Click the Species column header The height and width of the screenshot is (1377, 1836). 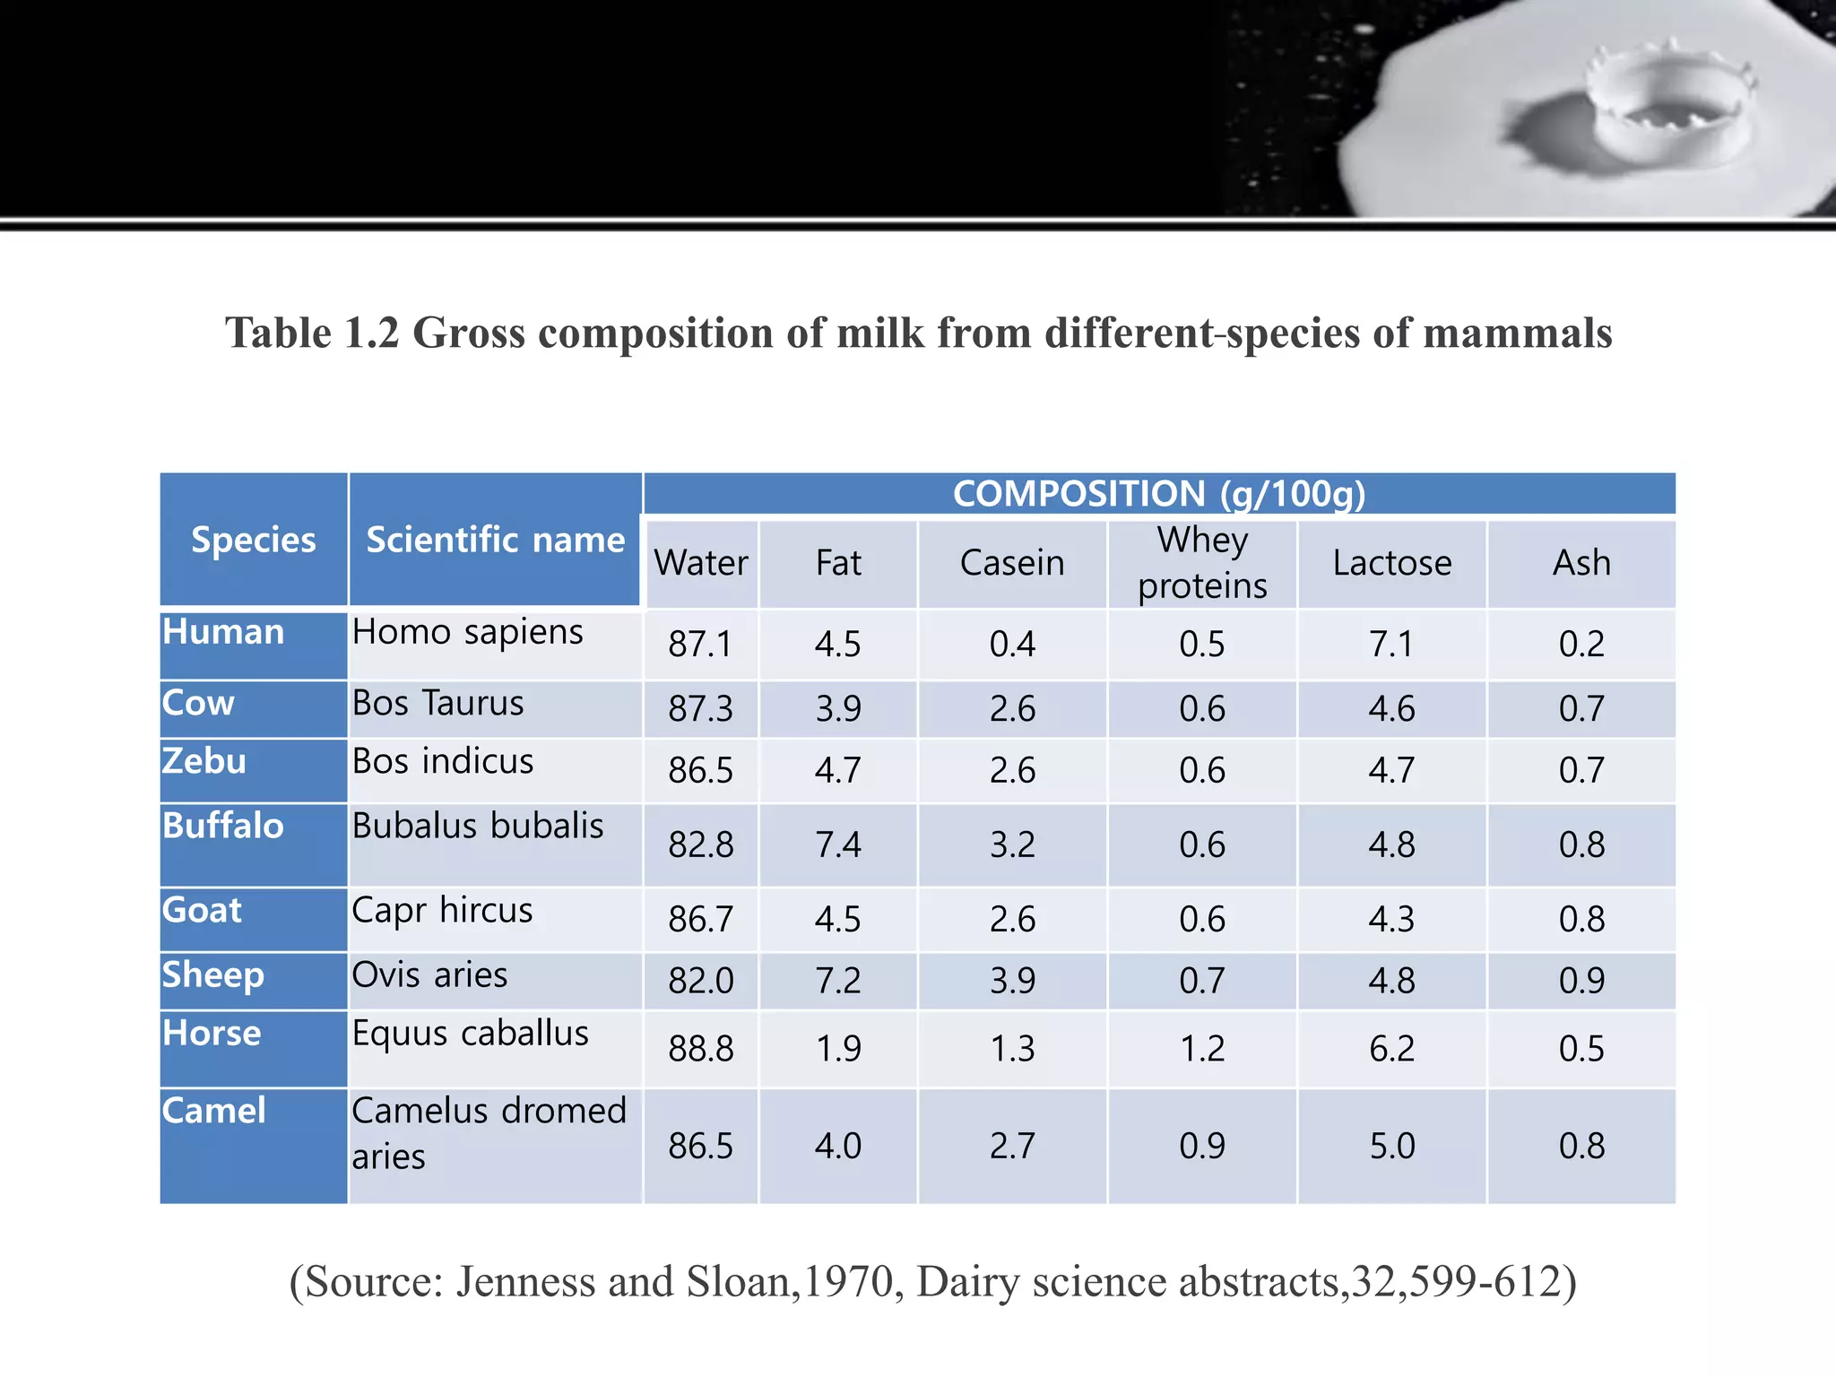coord(254,540)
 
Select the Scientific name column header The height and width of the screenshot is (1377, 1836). coord(495,540)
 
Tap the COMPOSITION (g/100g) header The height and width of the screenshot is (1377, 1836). coord(1158,494)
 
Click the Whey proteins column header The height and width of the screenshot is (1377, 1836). coord(1202,563)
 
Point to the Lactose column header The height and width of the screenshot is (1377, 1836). coord(1391,563)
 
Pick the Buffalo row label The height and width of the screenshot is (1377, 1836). coord(223,826)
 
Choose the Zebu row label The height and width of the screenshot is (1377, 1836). coord(204,761)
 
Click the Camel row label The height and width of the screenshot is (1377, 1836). coord(214,1111)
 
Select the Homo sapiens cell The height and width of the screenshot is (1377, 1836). coord(467,632)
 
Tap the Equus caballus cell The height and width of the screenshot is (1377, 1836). coord(470,1033)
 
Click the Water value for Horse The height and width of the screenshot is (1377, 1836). coord(700,1048)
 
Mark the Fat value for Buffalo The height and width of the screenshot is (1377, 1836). coord(837,844)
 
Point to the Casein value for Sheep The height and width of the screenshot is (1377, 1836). coord(1012,980)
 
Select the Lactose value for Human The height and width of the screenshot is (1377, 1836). coord(1391,644)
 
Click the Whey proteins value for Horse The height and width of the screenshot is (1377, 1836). coord(1202,1048)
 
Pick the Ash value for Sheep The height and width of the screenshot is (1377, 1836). coord(1581,980)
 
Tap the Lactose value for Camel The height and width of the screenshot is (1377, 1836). coord(1391,1146)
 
